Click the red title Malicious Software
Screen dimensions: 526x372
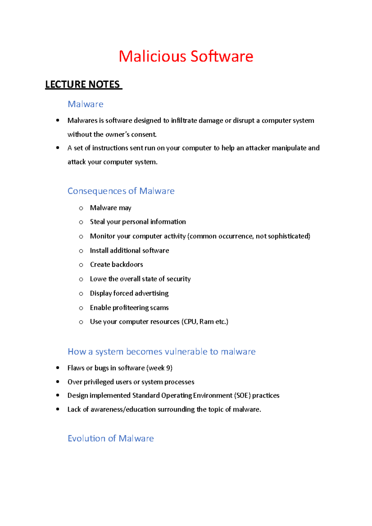[186, 57]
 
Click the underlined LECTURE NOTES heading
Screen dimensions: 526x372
[83, 84]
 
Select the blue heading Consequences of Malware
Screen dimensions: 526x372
[121, 191]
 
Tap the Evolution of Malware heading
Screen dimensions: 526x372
[111, 438]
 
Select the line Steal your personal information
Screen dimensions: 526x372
[138, 222]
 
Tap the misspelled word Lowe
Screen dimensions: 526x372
[98, 279]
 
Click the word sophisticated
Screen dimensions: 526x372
[288, 236]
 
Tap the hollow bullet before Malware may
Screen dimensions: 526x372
[81, 208]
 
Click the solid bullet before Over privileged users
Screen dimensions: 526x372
[58, 382]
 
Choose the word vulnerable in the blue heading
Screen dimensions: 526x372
[186, 352]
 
